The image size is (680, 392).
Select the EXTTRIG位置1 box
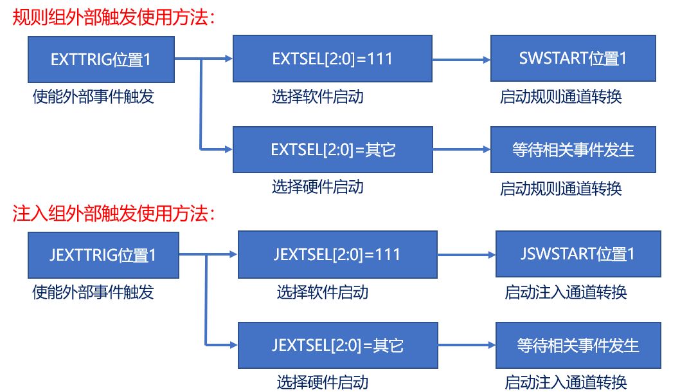(x=101, y=59)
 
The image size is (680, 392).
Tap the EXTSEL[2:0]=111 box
(x=332, y=59)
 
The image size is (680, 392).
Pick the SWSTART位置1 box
(x=573, y=59)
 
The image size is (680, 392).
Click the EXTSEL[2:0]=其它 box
(x=332, y=150)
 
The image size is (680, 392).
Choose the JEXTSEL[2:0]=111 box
(x=337, y=254)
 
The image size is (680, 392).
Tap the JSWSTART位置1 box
(x=578, y=254)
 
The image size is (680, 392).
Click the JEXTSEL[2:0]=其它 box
(x=337, y=345)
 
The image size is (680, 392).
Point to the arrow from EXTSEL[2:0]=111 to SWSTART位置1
(x=461, y=59)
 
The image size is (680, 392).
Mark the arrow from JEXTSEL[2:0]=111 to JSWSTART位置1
(x=465, y=254)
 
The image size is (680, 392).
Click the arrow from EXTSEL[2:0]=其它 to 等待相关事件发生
(x=461, y=150)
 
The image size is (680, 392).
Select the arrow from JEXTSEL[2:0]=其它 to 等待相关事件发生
(x=465, y=345)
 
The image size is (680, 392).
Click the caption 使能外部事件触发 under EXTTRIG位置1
(x=94, y=97)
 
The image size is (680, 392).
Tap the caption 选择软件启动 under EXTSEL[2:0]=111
(x=318, y=97)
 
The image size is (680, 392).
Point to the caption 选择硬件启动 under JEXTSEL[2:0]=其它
(x=323, y=382)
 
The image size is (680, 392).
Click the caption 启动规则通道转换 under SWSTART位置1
(x=561, y=97)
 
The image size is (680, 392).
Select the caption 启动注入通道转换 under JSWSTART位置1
(x=566, y=292)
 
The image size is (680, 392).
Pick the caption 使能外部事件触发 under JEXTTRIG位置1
(x=94, y=292)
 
